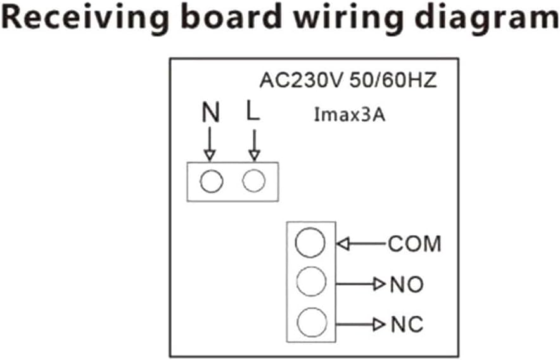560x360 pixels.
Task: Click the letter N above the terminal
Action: (210, 114)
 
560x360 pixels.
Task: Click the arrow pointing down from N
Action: (210, 145)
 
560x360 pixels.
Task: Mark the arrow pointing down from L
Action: (254, 145)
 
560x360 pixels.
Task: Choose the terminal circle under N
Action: (211, 182)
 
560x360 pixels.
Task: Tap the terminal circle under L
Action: (254, 182)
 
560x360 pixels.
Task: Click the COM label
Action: (415, 243)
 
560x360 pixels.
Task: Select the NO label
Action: (407, 285)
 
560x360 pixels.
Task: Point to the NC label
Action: (407, 325)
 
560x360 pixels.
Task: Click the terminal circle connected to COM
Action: (310, 243)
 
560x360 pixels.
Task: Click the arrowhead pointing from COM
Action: (343, 243)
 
